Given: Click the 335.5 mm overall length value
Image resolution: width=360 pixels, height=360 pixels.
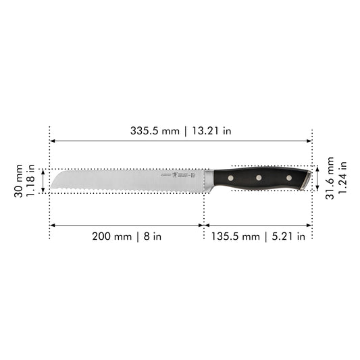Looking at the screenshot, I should click(x=155, y=130).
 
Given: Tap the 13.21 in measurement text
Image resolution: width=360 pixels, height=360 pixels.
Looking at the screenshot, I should click(x=209, y=130).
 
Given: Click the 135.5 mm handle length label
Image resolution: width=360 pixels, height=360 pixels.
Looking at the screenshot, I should click(x=236, y=236).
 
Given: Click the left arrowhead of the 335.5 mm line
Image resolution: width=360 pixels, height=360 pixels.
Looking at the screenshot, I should click(x=52, y=141).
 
